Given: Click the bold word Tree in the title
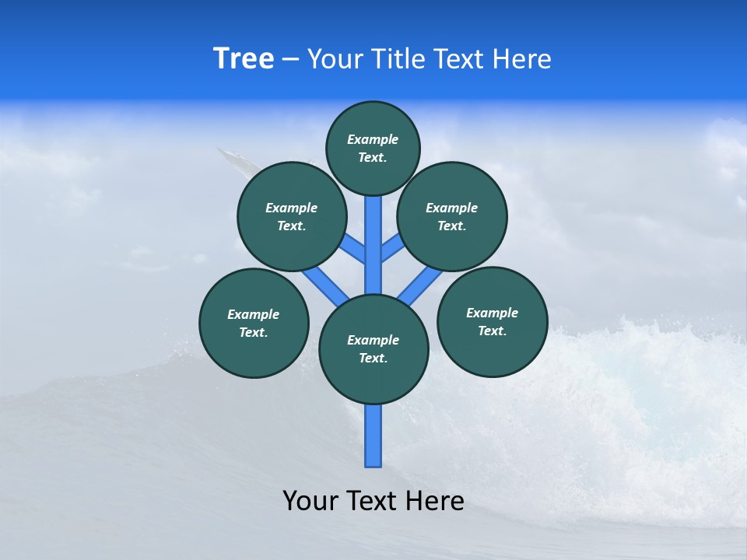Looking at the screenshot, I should point(244,58).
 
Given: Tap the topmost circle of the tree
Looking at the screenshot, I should point(373,148).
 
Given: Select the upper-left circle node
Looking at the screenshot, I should point(291,216).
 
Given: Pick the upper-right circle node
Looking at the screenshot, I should point(452,216).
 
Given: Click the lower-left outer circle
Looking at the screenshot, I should point(254,323).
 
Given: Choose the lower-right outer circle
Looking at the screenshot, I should point(492,321).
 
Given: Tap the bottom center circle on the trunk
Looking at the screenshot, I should point(373,349).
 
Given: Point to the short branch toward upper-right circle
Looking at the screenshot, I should point(391,248).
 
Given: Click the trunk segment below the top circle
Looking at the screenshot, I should point(373,233).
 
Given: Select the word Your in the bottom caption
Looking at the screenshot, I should point(310,500).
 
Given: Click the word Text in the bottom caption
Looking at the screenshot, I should point(375,500).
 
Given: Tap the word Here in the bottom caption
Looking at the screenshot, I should point(437,500).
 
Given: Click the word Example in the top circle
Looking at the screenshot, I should point(373,139).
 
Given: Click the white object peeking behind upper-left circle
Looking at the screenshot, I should point(233,160).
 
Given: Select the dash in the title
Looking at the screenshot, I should point(290,60).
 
